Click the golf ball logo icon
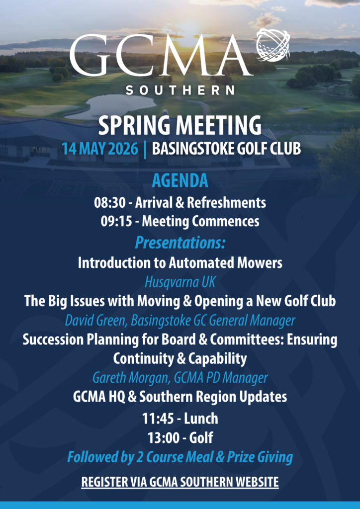(273, 45)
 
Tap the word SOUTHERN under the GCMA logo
(180, 89)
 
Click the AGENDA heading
(180, 181)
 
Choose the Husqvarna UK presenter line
(180, 282)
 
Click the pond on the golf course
(110, 106)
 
